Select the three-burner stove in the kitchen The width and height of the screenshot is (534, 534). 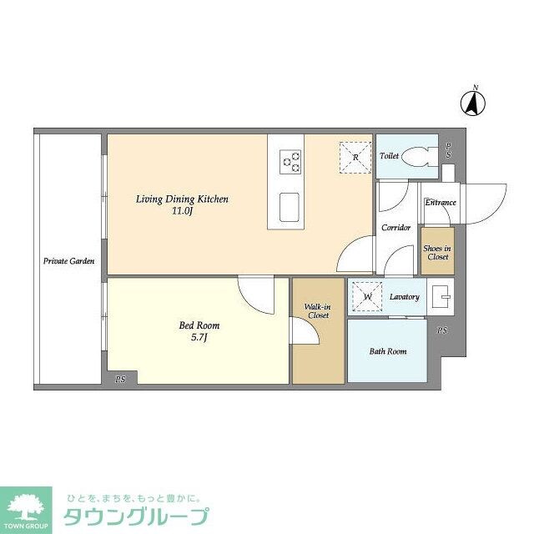pyautogui.click(x=290, y=162)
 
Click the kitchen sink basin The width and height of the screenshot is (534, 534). pyautogui.click(x=290, y=207)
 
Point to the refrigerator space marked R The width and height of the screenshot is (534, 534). pyautogui.click(x=355, y=158)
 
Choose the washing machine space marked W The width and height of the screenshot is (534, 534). pyautogui.click(x=367, y=297)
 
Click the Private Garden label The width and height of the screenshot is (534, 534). pyautogui.click(x=68, y=261)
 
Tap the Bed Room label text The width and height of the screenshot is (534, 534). pyautogui.click(x=199, y=325)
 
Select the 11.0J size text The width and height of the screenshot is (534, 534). pyautogui.click(x=183, y=211)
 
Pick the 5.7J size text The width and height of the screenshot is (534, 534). pyautogui.click(x=199, y=337)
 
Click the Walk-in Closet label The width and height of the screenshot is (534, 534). pyautogui.click(x=318, y=311)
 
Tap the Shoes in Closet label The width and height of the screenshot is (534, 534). pyautogui.click(x=437, y=252)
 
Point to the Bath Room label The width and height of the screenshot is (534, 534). pyautogui.click(x=388, y=351)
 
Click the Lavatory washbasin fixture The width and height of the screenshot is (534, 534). pyautogui.click(x=441, y=297)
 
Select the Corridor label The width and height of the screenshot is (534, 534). pyautogui.click(x=395, y=227)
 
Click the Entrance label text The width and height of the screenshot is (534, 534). pyautogui.click(x=440, y=202)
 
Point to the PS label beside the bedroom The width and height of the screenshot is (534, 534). pyautogui.click(x=120, y=379)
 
